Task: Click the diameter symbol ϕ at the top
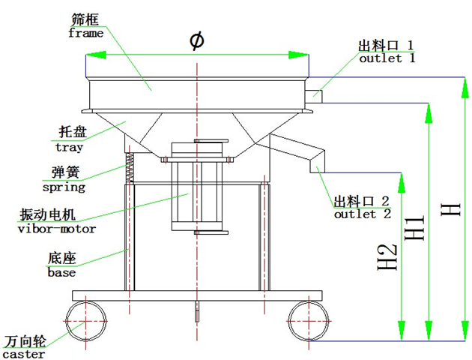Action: tap(196, 41)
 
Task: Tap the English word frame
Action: tap(84, 34)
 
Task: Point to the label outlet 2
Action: tap(362, 214)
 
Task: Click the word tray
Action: tap(69, 148)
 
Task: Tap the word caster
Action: tap(24, 354)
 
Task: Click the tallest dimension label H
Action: tap(450, 202)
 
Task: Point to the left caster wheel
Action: tap(86, 320)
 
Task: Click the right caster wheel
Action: tap(309, 321)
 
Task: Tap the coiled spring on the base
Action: tap(130, 167)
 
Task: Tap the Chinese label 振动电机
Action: tap(52, 216)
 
